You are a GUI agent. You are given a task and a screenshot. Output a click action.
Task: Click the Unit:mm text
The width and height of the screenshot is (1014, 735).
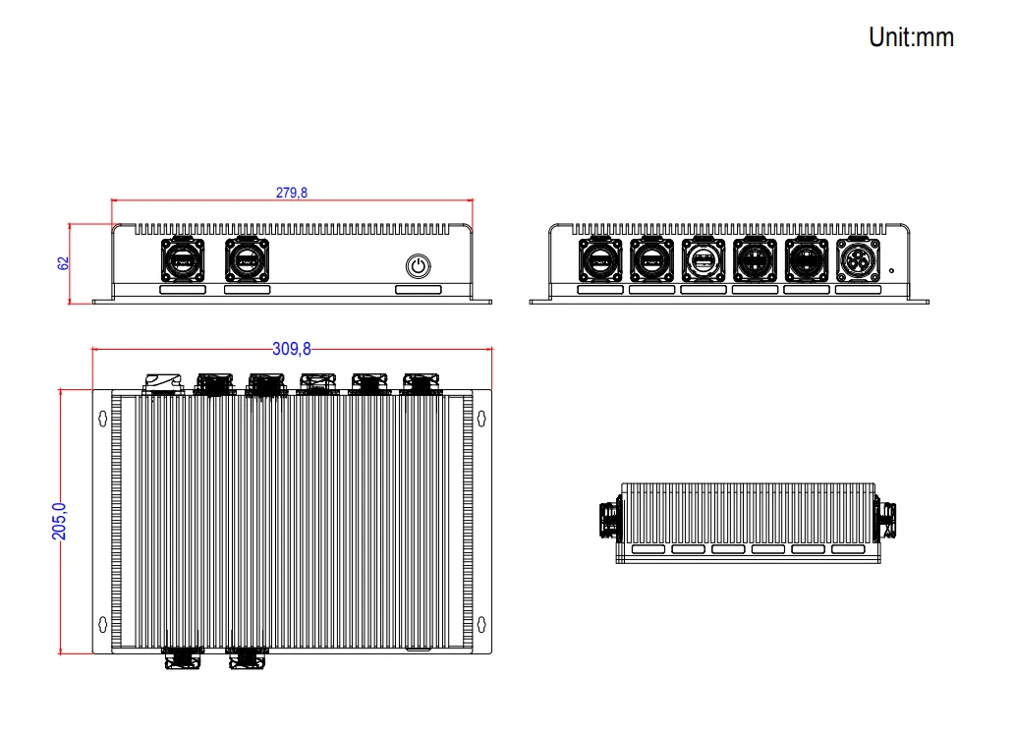coord(911,37)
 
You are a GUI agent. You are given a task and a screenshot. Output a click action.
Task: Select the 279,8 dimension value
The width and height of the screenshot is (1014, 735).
coord(292,193)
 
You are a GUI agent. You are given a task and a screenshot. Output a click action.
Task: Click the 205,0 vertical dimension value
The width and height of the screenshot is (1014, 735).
coord(58,520)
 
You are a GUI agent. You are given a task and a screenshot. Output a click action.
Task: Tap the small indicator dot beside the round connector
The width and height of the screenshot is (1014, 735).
coord(891,270)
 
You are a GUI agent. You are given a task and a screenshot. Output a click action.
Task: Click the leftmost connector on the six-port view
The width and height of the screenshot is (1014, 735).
coord(599,260)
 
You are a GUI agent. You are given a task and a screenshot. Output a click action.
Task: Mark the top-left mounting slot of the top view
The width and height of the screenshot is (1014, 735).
coord(102,418)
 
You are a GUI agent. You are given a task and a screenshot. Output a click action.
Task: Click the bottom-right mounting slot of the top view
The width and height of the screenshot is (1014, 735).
coord(481,623)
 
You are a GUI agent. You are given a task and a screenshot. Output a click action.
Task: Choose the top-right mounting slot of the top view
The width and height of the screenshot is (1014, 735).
coord(481,418)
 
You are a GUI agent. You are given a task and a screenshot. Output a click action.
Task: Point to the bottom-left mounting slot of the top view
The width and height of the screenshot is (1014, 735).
coord(102,623)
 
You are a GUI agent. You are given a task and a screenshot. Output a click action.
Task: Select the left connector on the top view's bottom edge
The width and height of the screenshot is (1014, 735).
coord(184,658)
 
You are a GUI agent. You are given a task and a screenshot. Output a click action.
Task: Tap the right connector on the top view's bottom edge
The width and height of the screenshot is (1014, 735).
coord(247,658)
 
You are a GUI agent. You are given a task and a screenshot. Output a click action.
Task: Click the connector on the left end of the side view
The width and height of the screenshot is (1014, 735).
coord(610,520)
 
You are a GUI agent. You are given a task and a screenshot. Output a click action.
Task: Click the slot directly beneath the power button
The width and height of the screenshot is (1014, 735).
coord(419,290)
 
